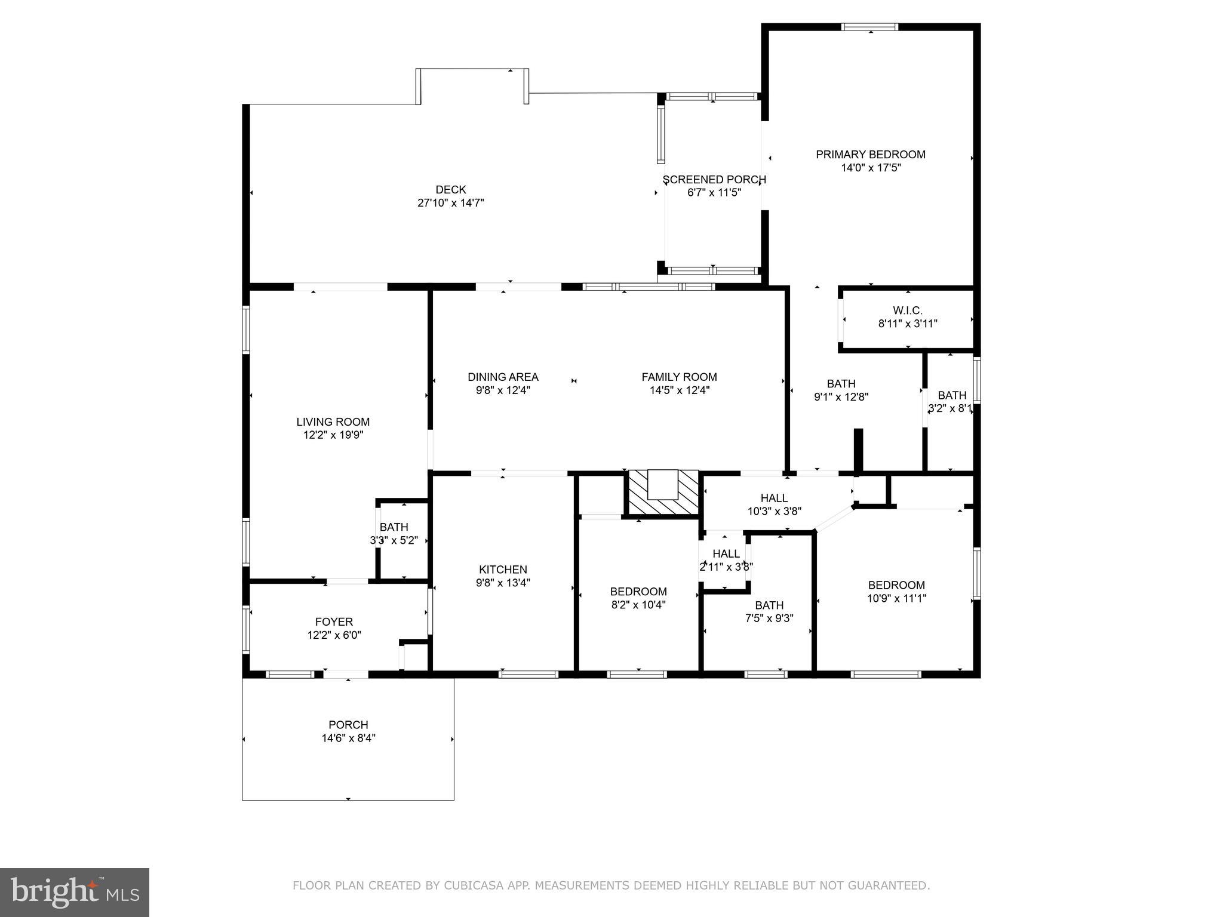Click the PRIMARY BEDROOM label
click(870, 155)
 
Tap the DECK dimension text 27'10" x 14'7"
click(450, 203)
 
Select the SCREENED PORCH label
click(714, 180)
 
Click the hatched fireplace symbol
click(663, 492)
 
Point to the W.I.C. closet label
click(907, 310)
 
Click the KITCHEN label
click(503, 570)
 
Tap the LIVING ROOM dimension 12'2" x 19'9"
click(333, 435)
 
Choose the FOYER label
click(334, 622)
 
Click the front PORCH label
click(348, 725)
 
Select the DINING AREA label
click(503, 377)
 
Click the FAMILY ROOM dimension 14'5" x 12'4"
click(679, 390)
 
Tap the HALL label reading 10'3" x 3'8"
click(774, 498)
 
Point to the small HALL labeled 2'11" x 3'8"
click(726, 554)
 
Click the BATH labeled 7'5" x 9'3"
click(769, 605)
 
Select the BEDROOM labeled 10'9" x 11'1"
click(896, 586)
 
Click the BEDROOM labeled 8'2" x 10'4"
click(638, 592)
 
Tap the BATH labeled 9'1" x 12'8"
click(841, 384)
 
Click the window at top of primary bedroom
click(869, 27)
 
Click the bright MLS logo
click(74, 893)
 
